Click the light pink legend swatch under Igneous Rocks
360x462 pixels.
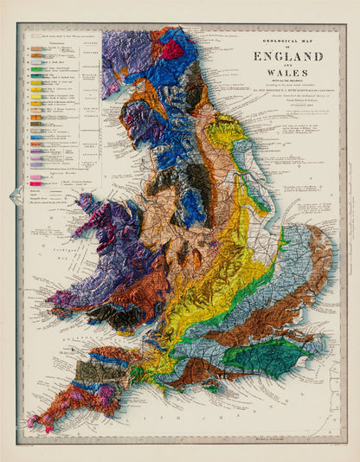pyautogui.click(x=37, y=178)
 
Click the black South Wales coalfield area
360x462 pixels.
pyautogui.click(x=113, y=315)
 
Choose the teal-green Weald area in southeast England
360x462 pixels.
pyautogui.click(x=286, y=353)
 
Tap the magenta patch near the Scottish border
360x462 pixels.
pyautogui.click(x=177, y=48)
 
